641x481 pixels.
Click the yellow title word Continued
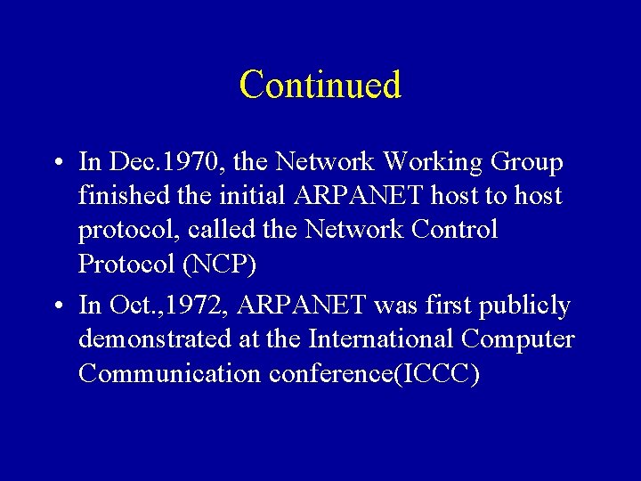pos(320,85)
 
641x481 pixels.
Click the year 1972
pos(201,306)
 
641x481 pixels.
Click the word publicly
pos(524,306)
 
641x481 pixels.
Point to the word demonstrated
pos(158,339)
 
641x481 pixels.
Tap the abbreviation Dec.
pos(132,162)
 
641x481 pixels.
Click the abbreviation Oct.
pos(131,306)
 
